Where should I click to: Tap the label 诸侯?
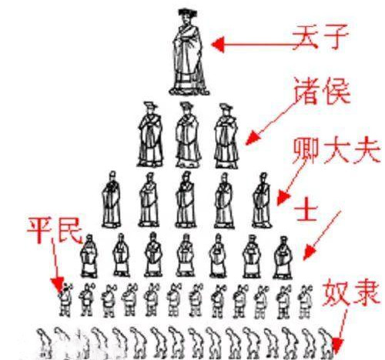[322, 92]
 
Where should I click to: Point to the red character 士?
[306, 210]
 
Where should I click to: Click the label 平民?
[55, 230]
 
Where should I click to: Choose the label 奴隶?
[350, 292]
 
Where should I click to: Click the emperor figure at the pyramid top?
[189, 52]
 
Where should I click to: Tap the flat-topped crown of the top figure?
[188, 12]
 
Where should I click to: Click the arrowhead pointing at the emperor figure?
[218, 44]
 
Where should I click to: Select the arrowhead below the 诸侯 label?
[253, 138]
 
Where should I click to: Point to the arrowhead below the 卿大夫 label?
[283, 198]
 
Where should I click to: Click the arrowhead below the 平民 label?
[58, 285]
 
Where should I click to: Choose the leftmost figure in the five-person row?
[112, 199]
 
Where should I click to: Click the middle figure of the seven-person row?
[186, 255]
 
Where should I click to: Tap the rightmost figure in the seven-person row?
[283, 258]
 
